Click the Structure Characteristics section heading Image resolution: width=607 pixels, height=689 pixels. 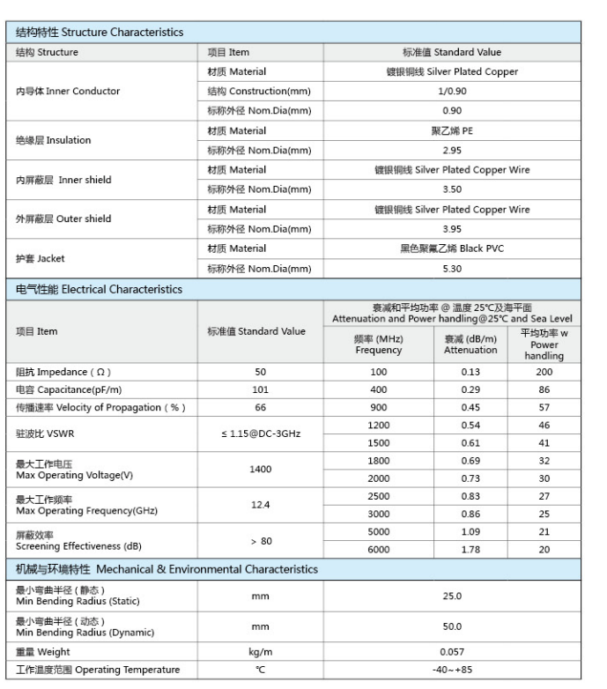(100, 33)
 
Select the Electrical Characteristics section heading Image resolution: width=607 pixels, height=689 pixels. (100, 289)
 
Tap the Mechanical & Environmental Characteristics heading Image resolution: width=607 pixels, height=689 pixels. (167, 569)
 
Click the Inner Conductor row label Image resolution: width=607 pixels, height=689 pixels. (68, 92)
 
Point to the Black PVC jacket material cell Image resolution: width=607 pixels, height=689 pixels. (451, 248)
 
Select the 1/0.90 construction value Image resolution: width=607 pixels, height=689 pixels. (451, 92)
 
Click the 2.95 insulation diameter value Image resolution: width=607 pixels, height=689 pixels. (451, 151)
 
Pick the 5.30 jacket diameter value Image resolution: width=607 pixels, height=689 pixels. (451, 269)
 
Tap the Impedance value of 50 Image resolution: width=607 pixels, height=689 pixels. (260, 372)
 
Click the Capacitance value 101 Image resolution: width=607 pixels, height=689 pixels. (260, 389)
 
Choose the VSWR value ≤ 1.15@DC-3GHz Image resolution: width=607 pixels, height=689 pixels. (260, 433)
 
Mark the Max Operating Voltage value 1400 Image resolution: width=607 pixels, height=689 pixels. (260, 470)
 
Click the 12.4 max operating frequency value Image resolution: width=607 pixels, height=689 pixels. (260, 505)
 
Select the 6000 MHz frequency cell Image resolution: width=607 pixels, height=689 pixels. (378, 550)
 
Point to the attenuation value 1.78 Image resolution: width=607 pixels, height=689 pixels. (470, 550)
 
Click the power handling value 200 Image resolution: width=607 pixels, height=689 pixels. (544, 372)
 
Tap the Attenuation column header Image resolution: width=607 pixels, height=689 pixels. (470, 344)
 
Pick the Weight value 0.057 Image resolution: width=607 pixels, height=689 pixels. (451, 652)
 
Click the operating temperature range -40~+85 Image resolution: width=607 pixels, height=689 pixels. (451, 670)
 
